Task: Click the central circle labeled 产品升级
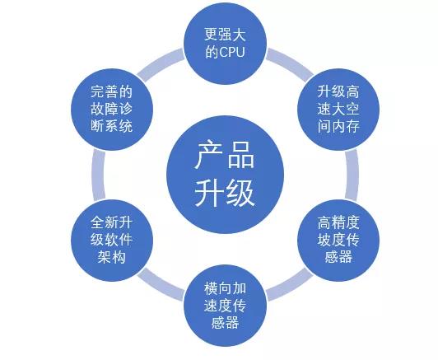225,175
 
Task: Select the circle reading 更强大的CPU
225,44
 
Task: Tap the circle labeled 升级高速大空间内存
338,110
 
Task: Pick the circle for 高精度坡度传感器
338,240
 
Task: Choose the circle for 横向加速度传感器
225,306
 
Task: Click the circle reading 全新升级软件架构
112,240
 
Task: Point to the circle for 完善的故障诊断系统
112,110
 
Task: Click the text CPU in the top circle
232,52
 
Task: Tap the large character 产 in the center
208,156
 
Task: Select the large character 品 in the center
240,156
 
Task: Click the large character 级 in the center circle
240,193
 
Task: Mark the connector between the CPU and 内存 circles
291,63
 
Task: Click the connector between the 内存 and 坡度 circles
352,175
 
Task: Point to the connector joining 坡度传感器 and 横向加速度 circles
291,286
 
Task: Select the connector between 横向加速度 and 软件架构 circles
160,286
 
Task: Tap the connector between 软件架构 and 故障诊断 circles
98,175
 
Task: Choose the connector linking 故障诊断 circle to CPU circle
160,63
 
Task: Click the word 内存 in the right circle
345,127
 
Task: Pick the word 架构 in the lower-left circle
112,257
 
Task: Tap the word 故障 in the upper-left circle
105,110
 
